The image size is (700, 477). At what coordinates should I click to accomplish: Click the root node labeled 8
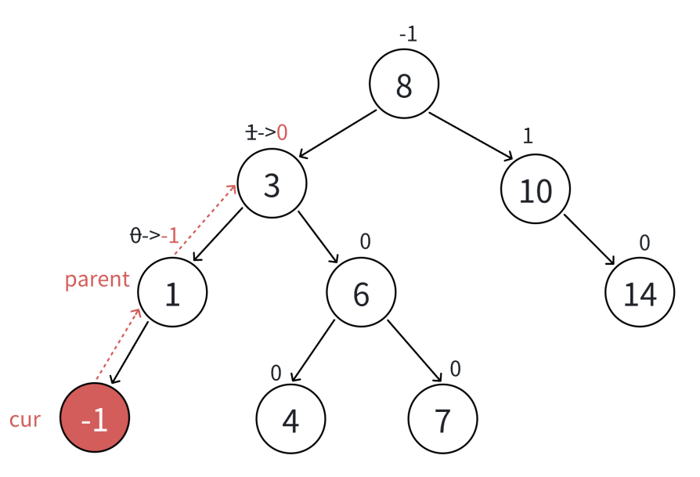(x=404, y=85)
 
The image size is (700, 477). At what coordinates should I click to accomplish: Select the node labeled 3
(x=272, y=185)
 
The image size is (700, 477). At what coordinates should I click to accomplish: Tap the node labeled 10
(x=536, y=190)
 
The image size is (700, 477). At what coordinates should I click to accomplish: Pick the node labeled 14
(x=640, y=292)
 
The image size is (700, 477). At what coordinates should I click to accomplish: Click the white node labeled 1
(x=172, y=292)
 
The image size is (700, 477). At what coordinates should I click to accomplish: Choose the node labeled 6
(x=361, y=292)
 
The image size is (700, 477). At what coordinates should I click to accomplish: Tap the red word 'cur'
(x=25, y=419)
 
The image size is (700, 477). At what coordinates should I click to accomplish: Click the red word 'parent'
(x=97, y=280)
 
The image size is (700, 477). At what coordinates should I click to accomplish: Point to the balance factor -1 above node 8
(x=408, y=34)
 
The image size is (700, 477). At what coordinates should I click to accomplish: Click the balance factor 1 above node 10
(x=528, y=136)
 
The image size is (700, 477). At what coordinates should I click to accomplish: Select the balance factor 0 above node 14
(x=644, y=243)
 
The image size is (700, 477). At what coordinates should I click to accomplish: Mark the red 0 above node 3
(x=282, y=132)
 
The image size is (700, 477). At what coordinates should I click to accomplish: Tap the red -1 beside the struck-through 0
(x=170, y=234)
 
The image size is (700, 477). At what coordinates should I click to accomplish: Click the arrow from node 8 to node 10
(x=471, y=137)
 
